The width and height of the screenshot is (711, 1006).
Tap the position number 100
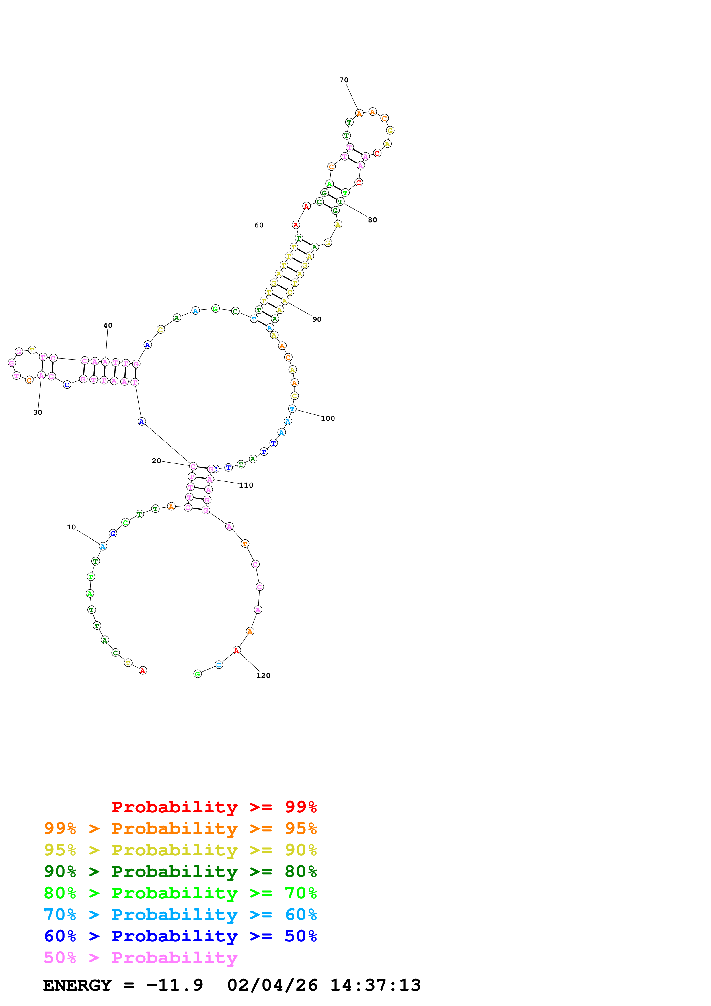pos(328,418)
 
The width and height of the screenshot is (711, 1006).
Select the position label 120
pos(263,676)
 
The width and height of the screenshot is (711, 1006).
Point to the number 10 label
pos(71,527)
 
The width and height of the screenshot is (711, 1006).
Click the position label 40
pos(108,325)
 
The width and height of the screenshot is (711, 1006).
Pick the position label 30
pos(38,412)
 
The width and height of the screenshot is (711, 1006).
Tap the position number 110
pos(246,485)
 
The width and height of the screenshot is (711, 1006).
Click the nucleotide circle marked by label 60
pos(296,225)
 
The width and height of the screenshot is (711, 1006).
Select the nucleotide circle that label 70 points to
pos(359,114)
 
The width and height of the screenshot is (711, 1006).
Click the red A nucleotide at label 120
pos(237,650)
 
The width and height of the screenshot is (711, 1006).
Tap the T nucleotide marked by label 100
pos(292,409)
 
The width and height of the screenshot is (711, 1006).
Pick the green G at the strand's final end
pos(198,674)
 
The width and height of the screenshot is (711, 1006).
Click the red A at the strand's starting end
pos(143,670)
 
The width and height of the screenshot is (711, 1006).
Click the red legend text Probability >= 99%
pos(214,807)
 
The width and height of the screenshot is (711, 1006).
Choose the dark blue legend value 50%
pos(301,936)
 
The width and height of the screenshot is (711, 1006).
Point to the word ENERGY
pos(77,985)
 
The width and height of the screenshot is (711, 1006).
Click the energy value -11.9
pos(175,985)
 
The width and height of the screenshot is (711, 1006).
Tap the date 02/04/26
pos(272,985)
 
